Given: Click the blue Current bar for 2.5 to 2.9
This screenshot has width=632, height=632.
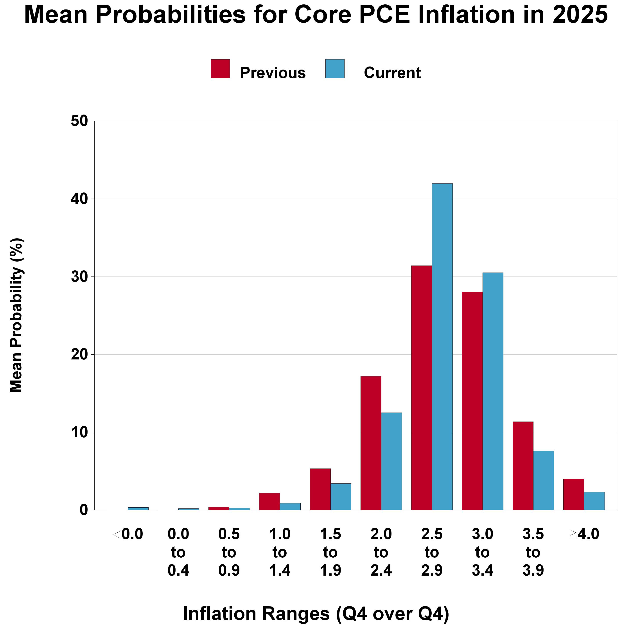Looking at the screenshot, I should point(442,347).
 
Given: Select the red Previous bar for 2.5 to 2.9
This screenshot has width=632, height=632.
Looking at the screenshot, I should point(421,388).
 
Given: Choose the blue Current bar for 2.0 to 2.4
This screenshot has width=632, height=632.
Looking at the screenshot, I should point(391,461).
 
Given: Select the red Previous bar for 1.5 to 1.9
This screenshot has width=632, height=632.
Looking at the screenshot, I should point(320,489).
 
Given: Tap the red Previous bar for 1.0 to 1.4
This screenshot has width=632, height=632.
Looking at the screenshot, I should point(269,501).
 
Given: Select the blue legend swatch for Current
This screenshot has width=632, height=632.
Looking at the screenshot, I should point(335,69).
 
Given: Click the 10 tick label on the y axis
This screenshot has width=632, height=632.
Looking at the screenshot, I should point(79,433).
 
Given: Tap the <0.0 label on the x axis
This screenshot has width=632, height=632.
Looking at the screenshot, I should point(128,534).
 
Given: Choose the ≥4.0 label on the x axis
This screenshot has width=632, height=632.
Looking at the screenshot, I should point(584,534).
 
